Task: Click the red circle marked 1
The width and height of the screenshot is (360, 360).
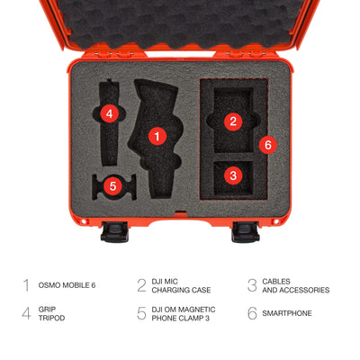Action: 157,136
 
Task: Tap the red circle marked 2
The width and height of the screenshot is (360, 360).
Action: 233,121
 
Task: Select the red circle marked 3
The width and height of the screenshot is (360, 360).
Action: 233,175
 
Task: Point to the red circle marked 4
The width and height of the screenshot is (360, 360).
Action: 110,113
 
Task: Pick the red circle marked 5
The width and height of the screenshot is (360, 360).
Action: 112,186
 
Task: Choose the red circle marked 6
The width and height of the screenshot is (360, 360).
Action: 268,145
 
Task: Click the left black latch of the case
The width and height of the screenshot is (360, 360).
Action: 114,232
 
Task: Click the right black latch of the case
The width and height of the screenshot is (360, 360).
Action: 246,232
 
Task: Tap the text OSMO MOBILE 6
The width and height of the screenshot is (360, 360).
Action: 67,285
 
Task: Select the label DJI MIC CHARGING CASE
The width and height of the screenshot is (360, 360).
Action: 181,285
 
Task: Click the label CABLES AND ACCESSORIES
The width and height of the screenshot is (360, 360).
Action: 295,285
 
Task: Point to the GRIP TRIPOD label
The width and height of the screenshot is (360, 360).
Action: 51,313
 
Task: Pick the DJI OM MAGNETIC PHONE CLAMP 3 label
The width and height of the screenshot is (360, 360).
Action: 184,313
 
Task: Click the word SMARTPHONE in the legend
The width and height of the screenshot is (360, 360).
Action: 287,313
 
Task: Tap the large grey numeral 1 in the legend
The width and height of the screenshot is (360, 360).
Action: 26,285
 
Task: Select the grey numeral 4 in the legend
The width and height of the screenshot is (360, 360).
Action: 26,313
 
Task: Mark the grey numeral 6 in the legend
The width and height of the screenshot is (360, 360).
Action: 252,313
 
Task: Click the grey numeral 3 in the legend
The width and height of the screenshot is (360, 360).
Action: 252,285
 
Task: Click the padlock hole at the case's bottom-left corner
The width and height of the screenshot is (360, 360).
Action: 83,221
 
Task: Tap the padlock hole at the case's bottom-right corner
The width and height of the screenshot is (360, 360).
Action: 276,221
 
